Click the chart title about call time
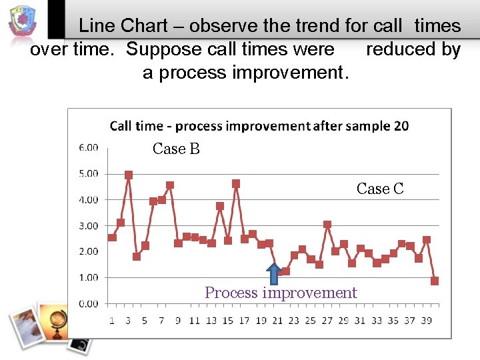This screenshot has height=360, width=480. click(259, 125)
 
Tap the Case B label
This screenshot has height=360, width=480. click(176, 149)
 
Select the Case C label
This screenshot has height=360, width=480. click(380, 189)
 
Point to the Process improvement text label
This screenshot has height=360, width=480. click(281, 293)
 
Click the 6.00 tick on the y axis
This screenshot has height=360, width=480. click(88, 147)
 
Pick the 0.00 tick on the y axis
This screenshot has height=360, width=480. click(88, 303)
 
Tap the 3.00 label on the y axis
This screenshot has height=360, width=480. click(88, 225)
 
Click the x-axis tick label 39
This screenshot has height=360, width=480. click(426, 321)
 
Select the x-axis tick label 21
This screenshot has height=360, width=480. click(277, 321)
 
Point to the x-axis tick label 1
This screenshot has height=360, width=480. click(112, 321)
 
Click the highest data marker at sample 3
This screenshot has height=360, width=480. click(129, 175)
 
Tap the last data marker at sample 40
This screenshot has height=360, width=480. click(435, 281)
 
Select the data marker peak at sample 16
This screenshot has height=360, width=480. click(236, 183)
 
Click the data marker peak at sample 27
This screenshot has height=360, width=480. click(327, 225)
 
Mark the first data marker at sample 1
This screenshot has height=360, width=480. click(112, 237)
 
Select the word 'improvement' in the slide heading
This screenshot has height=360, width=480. click(288, 73)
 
